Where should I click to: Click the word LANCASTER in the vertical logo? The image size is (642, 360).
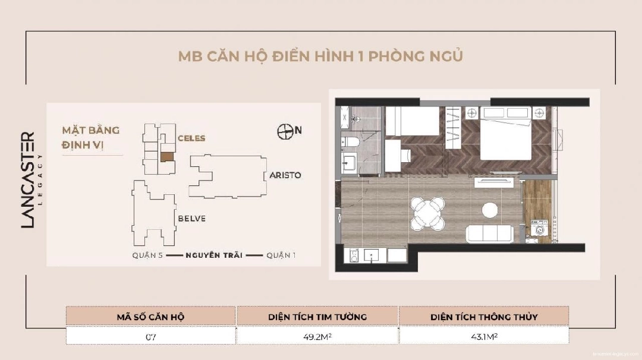pos(29,180)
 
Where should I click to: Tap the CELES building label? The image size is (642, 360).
pos(191,138)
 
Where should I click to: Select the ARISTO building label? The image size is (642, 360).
pos(285,175)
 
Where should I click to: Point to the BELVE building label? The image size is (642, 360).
pos(191,219)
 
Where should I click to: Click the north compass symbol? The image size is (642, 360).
pos(285,131)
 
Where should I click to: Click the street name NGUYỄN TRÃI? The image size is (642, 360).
pos(213,256)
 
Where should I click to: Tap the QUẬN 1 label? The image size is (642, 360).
pos(281,256)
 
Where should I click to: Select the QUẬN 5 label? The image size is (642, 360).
pos(147,256)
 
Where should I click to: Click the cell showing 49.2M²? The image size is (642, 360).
pos(317,336)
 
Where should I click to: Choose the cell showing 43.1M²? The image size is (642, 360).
pos(483,336)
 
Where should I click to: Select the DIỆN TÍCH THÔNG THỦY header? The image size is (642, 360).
pos(484,317)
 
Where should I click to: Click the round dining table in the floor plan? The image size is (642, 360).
pos(427,211)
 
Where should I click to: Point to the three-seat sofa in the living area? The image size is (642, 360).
pos(490,233)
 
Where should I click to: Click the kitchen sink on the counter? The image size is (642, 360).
pos(372,255)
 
